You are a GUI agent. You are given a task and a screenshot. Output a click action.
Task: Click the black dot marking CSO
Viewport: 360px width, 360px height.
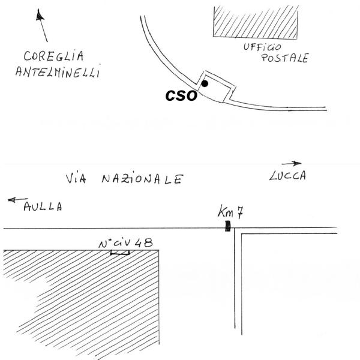click(205, 83)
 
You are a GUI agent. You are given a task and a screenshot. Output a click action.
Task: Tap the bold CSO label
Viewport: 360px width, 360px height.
click(181, 96)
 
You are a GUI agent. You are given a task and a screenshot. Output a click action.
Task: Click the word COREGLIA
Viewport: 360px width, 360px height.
click(54, 56)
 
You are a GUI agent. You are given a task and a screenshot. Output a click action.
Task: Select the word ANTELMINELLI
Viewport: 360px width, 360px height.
click(58, 71)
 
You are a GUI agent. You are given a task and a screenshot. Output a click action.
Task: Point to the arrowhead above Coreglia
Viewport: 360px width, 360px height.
click(40, 15)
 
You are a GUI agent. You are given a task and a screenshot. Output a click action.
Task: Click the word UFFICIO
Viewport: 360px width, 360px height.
click(262, 47)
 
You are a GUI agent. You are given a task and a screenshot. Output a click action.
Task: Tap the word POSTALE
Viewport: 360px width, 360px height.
click(285, 58)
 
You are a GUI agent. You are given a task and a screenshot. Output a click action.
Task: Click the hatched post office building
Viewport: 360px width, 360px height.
click(256, 22)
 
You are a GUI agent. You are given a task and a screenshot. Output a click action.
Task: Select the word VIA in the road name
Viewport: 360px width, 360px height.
click(76, 178)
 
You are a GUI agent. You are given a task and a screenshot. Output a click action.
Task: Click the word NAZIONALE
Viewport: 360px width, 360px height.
click(143, 179)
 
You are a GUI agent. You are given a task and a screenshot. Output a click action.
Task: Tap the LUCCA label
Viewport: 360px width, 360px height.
click(287, 176)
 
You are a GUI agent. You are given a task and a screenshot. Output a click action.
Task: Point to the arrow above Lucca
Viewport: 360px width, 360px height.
click(292, 163)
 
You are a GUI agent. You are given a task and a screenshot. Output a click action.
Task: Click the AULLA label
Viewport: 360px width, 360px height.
click(43, 206)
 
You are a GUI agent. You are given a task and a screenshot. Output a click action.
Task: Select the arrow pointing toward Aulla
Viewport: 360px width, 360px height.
click(18, 200)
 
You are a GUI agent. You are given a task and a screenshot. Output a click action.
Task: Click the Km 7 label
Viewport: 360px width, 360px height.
click(230, 211)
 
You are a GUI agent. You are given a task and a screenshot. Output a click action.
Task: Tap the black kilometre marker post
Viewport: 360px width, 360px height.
click(227, 226)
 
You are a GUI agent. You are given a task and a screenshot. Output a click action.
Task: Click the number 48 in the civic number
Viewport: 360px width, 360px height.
click(143, 242)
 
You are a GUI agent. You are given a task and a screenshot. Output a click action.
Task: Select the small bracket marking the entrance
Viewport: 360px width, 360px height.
click(120, 253)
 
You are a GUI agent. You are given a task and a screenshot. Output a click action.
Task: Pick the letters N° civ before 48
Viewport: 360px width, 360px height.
click(115, 244)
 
